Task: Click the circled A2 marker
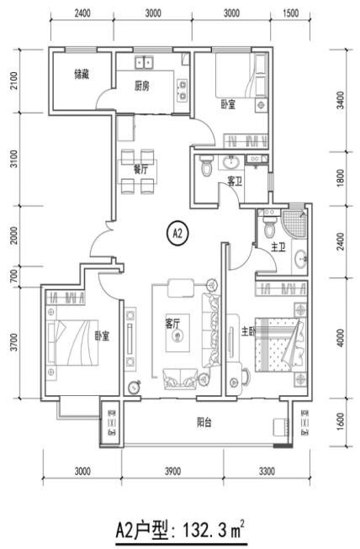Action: (x=178, y=234)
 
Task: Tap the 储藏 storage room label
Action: (x=82, y=74)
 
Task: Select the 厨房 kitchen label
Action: (x=142, y=86)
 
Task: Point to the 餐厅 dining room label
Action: (x=140, y=170)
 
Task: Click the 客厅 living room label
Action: (x=172, y=324)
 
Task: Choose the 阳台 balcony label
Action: (x=204, y=423)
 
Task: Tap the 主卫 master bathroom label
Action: (x=278, y=247)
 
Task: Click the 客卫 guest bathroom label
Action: (x=235, y=182)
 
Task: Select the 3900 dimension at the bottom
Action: (x=172, y=472)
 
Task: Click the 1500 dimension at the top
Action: (x=290, y=13)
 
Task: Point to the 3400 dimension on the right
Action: (x=340, y=101)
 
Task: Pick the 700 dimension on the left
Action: (x=13, y=277)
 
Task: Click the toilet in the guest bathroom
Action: (x=205, y=166)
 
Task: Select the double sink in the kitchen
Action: (x=145, y=62)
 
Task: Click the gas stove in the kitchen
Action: (x=183, y=90)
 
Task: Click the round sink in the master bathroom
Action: (x=300, y=260)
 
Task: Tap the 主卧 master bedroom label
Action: (x=248, y=331)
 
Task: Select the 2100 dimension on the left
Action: (x=13, y=81)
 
